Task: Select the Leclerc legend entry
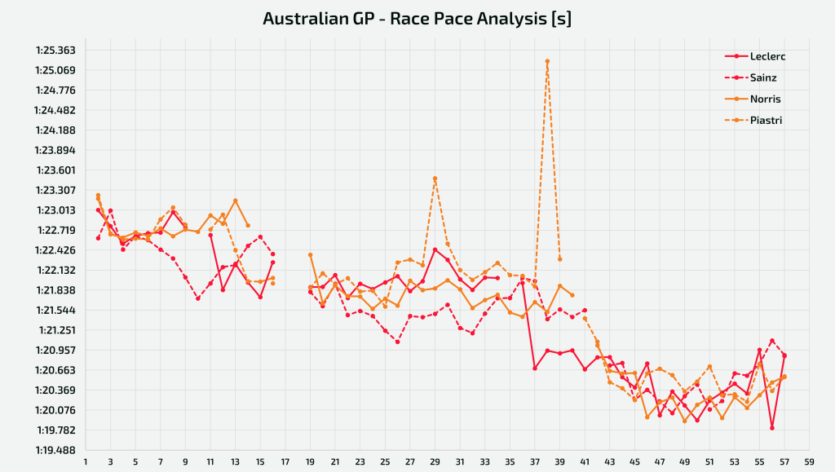[x=754, y=56]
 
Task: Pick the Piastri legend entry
[x=753, y=121]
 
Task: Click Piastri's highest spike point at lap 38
[x=547, y=61]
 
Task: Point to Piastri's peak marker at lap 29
[x=435, y=179]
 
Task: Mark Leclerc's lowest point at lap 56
[x=772, y=428]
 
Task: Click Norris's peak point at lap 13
[x=236, y=201]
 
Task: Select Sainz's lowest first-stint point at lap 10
[x=198, y=298]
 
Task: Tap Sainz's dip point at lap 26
[x=398, y=342]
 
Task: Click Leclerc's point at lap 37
[x=535, y=368]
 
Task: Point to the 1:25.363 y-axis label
[x=56, y=51]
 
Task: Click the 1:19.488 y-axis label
[x=56, y=450]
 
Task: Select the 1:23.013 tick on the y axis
[x=56, y=210]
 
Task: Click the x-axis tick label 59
[x=810, y=462]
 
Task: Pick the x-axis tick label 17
[x=285, y=462]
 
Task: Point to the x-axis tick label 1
[x=86, y=462]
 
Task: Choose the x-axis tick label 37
[x=535, y=462]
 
